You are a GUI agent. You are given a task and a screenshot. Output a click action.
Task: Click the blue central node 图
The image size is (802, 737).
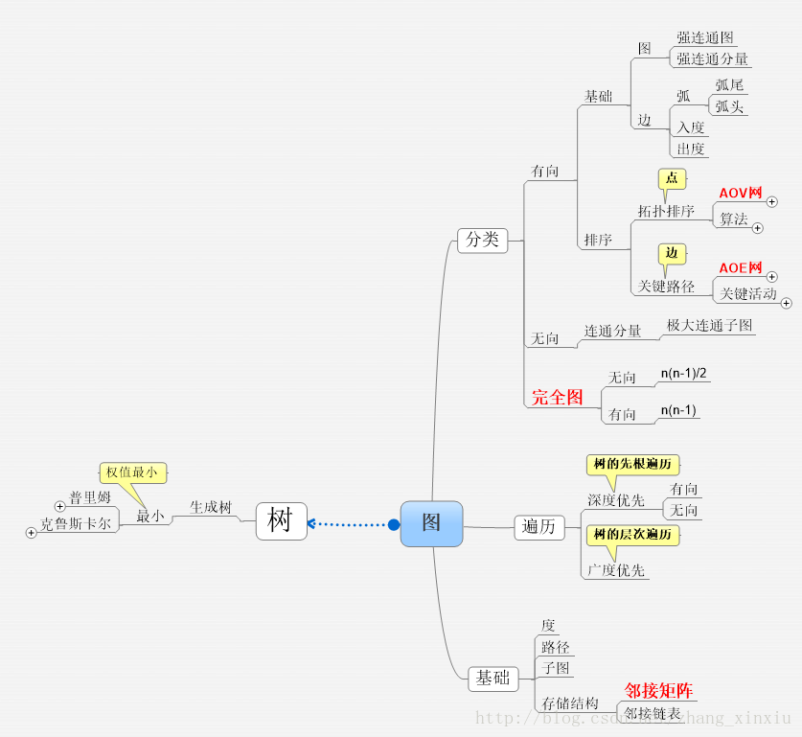pos(431,523)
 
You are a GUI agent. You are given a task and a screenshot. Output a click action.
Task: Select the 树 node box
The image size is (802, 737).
pos(281,521)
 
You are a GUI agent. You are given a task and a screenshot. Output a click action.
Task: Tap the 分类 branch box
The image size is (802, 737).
pos(482,240)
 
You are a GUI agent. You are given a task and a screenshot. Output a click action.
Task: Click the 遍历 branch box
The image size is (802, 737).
pos(539,526)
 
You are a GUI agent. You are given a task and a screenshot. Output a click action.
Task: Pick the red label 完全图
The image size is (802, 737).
pos(558,397)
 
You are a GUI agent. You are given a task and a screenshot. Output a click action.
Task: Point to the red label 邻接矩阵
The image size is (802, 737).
pos(659,691)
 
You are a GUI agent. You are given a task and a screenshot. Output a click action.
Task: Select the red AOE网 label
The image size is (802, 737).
pos(741,268)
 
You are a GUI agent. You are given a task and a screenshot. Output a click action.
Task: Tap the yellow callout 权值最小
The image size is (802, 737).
pos(132,472)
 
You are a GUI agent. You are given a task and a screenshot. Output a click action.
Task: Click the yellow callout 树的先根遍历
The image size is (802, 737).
pos(632,465)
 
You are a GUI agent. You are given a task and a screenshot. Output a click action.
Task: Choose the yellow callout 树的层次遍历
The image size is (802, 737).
pos(632,535)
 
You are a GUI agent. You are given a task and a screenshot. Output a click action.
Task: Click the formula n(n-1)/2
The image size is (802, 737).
pos(684,373)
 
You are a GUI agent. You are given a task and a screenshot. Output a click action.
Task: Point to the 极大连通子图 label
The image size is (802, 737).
pos(710,326)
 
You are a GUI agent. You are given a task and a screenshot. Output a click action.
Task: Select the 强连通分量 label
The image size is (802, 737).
pos(712,59)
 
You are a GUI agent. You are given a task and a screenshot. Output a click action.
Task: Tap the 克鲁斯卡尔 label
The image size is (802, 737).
pos(76,525)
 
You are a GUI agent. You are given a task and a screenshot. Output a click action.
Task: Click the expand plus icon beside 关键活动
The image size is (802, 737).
pos(787,303)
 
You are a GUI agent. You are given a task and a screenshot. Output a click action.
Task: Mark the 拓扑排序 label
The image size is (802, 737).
pos(666,211)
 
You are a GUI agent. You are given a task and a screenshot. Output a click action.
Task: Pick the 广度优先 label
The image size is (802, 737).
pos(616,571)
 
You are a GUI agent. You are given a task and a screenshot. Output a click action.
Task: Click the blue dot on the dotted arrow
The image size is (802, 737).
pos(393,524)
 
